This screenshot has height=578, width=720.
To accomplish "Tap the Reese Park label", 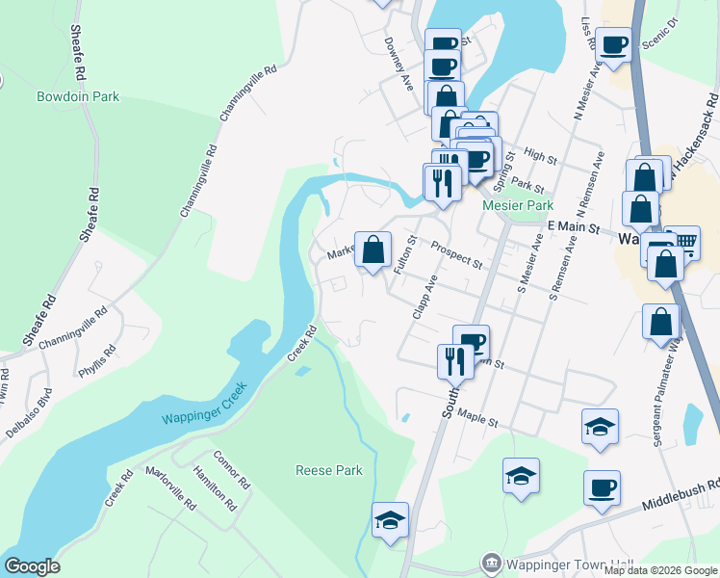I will point(328,470).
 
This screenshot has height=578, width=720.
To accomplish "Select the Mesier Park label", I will point(518,205).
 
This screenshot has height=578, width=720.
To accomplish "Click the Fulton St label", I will point(404,254).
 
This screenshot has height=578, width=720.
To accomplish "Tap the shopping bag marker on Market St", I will point(373,250).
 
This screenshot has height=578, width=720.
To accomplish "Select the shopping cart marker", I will point(681,242).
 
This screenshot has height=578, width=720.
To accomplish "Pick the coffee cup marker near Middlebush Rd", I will point(602,487).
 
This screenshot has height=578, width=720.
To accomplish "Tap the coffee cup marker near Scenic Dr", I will point(613,43).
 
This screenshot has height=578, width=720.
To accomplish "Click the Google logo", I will point(32,566).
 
